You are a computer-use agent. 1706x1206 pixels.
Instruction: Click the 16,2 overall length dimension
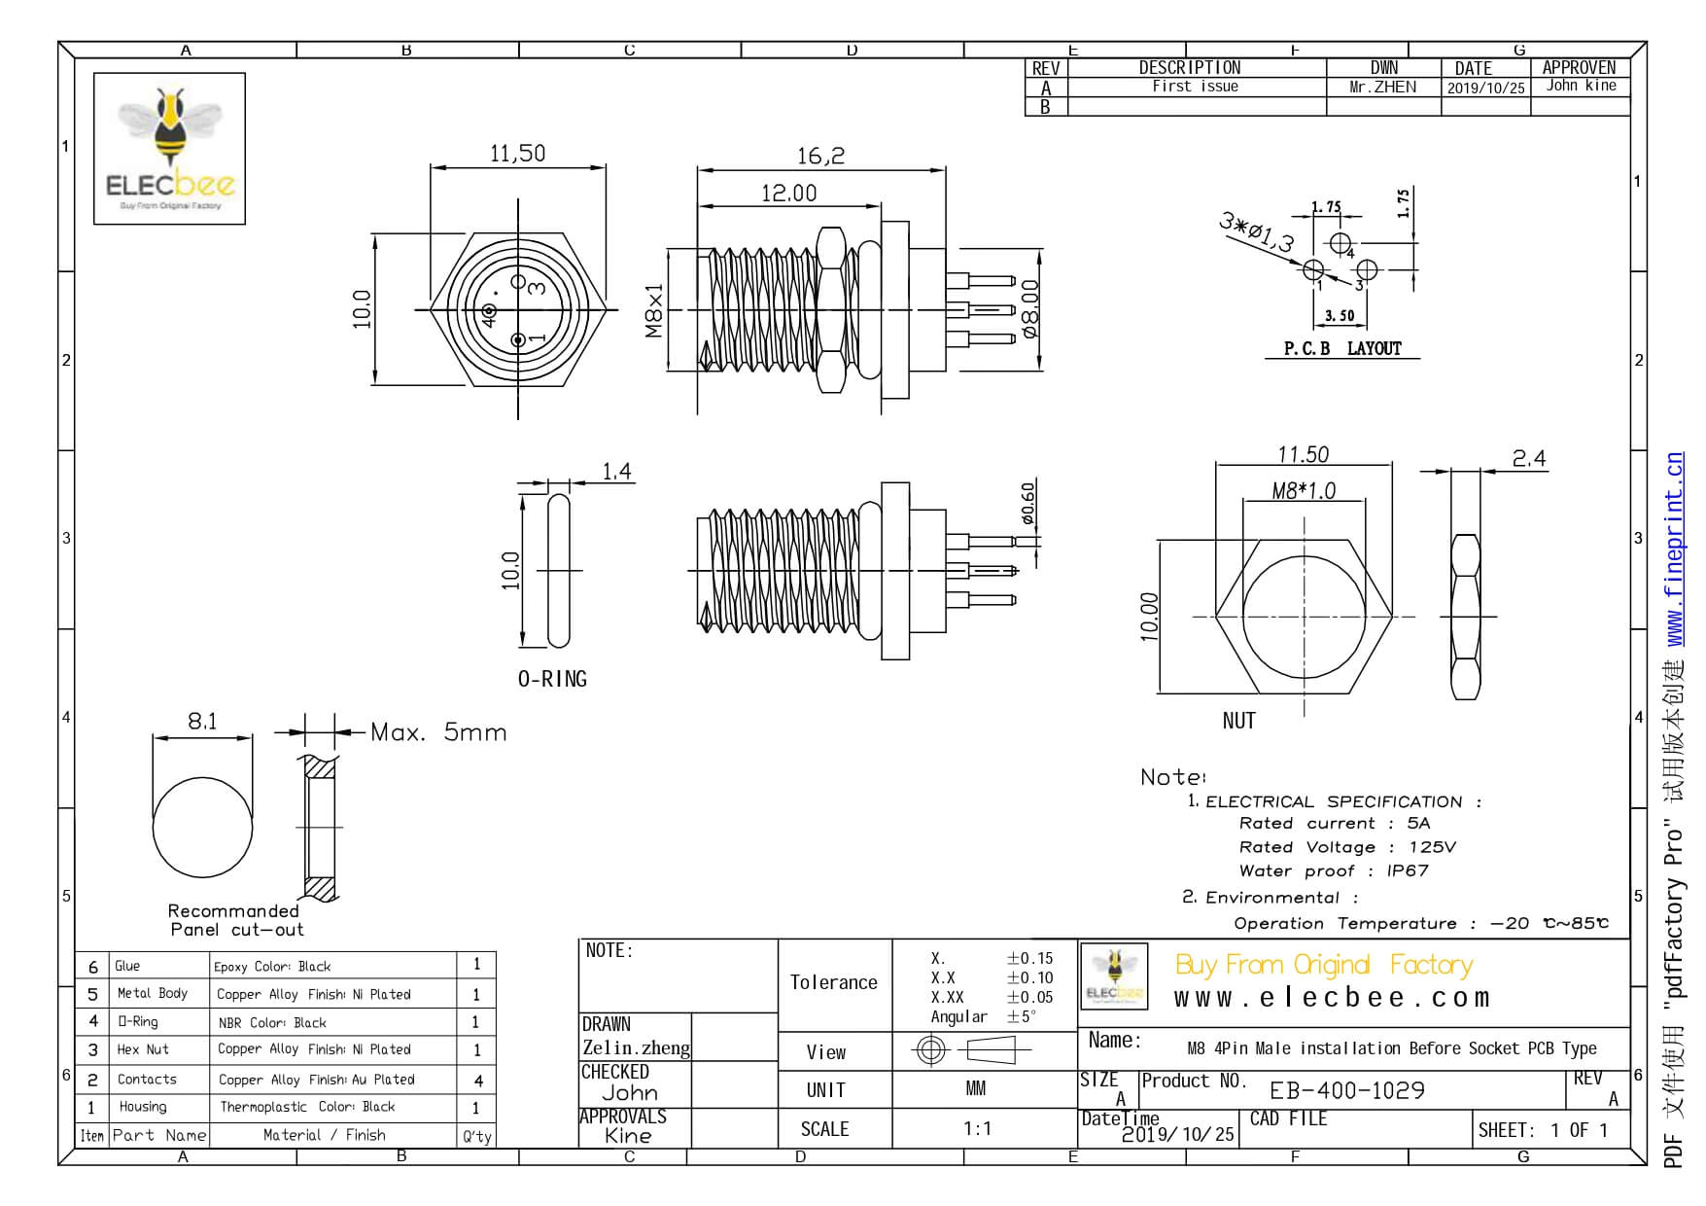[820, 156]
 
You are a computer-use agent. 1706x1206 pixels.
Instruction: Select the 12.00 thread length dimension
[788, 194]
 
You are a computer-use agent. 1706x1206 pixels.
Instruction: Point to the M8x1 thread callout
[654, 310]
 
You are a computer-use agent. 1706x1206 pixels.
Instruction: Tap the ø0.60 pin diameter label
[1027, 503]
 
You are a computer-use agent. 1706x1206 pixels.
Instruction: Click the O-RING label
[552, 679]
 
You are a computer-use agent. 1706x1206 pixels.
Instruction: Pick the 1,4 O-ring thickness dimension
[616, 472]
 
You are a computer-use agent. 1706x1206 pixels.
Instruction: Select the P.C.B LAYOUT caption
[1341, 348]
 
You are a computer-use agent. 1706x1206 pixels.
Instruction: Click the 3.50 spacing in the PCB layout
[1340, 315]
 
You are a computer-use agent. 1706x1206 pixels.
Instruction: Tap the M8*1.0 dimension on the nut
[1304, 491]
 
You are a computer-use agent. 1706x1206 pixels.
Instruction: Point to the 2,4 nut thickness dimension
[1528, 458]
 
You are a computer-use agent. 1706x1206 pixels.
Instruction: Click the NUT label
[1238, 721]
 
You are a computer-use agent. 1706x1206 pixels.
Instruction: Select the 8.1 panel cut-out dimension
[202, 721]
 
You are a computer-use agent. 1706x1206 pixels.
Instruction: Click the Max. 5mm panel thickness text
[438, 732]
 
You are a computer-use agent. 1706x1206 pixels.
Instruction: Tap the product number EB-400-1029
[1347, 1090]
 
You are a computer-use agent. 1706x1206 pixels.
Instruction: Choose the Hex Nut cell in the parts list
[143, 1049]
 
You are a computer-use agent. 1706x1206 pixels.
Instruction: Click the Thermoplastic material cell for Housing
[307, 1107]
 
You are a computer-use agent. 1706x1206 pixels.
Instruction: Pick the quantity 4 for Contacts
[477, 1080]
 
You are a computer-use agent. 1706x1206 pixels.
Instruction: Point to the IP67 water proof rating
[1407, 870]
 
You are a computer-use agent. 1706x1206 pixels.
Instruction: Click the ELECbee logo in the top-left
[170, 148]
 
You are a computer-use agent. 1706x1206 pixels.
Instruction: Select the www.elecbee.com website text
[1331, 998]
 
